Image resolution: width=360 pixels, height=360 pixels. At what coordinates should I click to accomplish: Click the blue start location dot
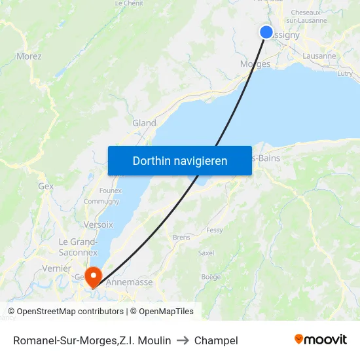pyautogui.click(x=266, y=32)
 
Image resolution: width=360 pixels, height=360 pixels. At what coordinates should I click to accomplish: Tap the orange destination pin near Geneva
pyautogui.click(x=93, y=276)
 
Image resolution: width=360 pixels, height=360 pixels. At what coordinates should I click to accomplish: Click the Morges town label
pyautogui.click(x=255, y=63)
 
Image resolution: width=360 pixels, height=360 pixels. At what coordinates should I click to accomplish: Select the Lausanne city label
pyautogui.click(x=320, y=56)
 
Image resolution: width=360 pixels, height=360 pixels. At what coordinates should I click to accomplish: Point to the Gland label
pyautogui.click(x=144, y=123)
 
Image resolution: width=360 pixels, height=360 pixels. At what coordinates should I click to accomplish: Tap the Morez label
pyautogui.click(x=29, y=56)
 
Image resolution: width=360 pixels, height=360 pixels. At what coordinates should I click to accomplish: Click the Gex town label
pyautogui.click(x=46, y=186)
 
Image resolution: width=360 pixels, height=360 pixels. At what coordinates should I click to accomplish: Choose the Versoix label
pyautogui.click(x=98, y=224)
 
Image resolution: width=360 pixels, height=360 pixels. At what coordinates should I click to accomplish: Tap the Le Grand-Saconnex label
pyautogui.click(x=78, y=247)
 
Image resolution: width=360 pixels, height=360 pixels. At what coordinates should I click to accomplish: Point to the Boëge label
pyautogui.click(x=211, y=277)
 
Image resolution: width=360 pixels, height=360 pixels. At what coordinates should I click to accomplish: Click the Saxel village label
pyautogui.click(x=206, y=253)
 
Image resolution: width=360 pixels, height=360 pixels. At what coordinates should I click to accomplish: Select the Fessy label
pyautogui.click(x=214, y=230)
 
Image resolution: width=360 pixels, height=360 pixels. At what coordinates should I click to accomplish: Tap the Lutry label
pyautogui.click(x=344, y=74)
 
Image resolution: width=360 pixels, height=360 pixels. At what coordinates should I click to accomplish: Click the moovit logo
pyautogui.click(x=321, y=340)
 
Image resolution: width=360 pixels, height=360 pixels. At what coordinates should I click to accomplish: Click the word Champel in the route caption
pyautogui.click(x=216, y=340)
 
